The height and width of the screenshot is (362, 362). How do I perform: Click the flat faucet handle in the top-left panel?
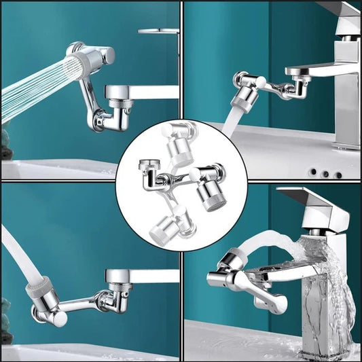click(x=158, y=31)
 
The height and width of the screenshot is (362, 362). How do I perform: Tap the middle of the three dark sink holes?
click(x=327, y=174)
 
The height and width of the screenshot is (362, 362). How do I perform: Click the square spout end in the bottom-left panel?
click(x=113, y=277)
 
